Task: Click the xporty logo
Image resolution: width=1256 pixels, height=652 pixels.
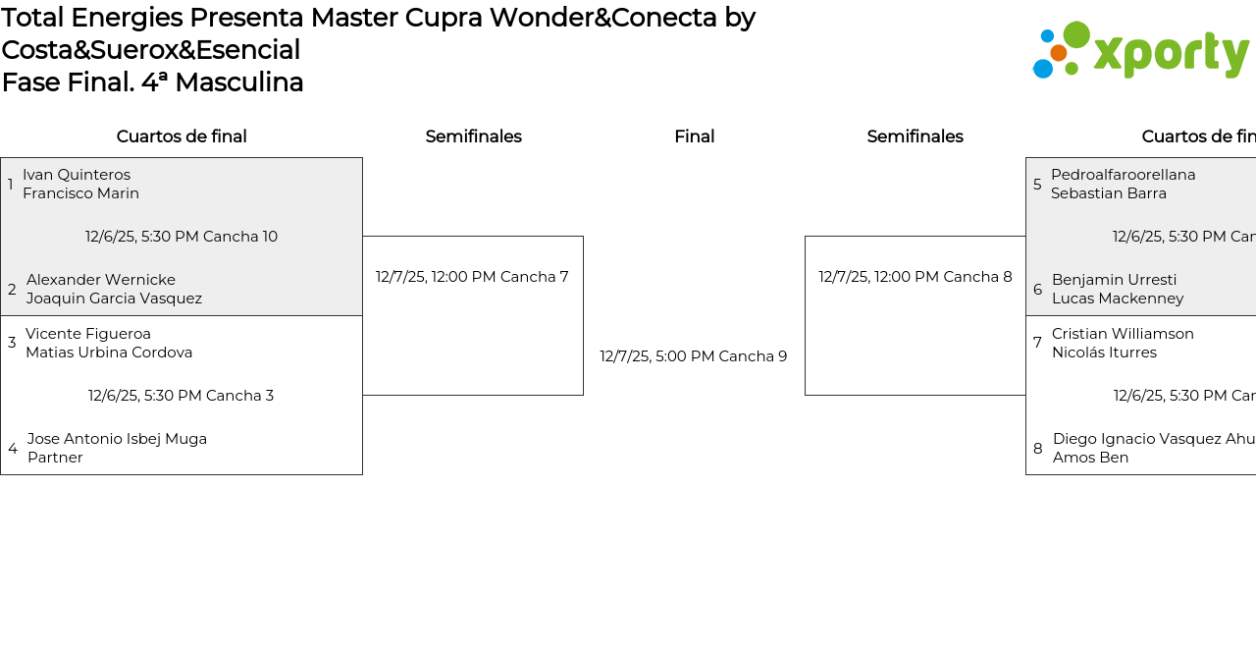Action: coord(1140,50)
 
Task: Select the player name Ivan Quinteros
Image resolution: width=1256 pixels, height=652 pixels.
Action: coord(77,175)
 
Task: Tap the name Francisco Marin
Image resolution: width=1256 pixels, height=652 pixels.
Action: coord(80,193)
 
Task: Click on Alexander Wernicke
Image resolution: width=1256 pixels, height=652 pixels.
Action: coord(101,280)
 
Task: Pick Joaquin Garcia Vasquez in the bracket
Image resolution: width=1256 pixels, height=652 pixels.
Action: coord(114,299)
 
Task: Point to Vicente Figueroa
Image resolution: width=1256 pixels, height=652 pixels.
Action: coord(88,334)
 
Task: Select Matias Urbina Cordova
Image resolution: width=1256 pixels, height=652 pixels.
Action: coord(109,353)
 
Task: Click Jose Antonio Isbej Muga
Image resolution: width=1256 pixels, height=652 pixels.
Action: coord(117,439)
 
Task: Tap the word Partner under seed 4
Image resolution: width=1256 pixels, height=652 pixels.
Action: coord(55,458)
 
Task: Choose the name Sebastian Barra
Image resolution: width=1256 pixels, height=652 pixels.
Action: coord(1109,193)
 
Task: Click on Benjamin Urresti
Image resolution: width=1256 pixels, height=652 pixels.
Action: coord(1114,280)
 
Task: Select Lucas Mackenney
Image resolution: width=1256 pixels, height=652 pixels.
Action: coord(1118,299)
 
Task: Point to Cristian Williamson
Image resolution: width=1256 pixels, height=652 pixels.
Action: coord(1123,334)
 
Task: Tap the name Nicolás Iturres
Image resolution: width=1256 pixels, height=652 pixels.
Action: coord(1104,353)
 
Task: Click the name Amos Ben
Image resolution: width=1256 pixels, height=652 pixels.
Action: coord(1090,458)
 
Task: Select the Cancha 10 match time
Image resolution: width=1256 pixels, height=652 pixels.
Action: coord(182,237)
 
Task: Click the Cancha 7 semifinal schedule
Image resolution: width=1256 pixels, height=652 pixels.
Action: coord(472,277)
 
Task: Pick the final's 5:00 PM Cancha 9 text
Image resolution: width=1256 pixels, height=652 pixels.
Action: coord(694,356)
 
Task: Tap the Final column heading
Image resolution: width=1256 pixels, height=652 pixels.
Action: coord(694,136)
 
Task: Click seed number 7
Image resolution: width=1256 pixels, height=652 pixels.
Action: coord(1037,343)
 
